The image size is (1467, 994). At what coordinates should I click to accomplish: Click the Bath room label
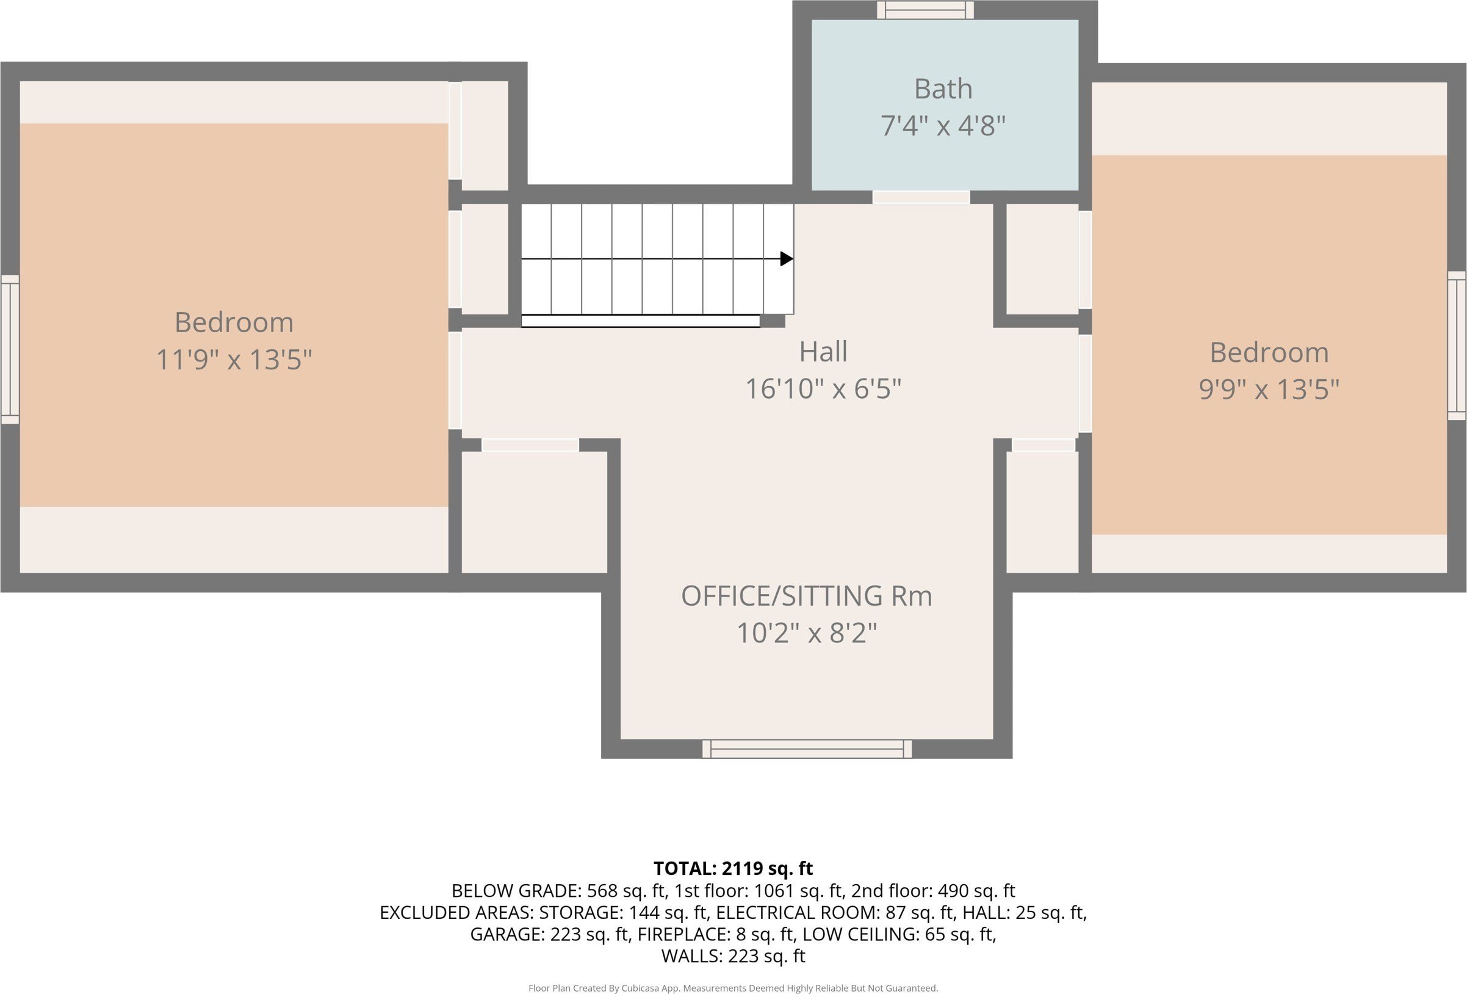click(943, 89)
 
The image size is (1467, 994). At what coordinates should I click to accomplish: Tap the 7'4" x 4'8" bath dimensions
click(943, 126)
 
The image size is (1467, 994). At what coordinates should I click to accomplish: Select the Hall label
click(823, 352)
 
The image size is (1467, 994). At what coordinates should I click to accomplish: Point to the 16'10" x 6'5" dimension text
click(823, 388)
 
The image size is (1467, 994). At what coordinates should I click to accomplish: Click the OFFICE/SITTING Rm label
click(807, 596)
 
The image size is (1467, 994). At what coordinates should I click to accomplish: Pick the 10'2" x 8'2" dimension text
click(807, 633)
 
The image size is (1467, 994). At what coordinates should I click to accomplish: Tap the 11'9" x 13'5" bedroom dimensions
click(234, 360)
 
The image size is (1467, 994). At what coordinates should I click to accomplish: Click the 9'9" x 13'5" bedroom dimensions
click(1269, 389)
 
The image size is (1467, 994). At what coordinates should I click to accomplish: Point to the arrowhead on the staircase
click(787, 259)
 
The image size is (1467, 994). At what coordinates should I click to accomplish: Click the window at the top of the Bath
click(925, 10)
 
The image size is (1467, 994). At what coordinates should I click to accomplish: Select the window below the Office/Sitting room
click(807, 749)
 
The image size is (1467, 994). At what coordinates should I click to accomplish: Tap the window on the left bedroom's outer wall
click(10, 349)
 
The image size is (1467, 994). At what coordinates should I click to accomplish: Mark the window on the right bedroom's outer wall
click(1456, 346)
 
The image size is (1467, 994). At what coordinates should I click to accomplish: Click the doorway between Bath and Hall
click(921, 197)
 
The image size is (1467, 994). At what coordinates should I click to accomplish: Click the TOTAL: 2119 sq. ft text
click(733, 868)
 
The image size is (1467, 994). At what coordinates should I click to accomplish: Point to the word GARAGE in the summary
click(507, 934)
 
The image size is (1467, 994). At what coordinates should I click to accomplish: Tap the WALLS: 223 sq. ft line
click(733, 956)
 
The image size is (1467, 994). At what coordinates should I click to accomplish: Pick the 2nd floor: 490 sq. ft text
click(933, 891)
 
